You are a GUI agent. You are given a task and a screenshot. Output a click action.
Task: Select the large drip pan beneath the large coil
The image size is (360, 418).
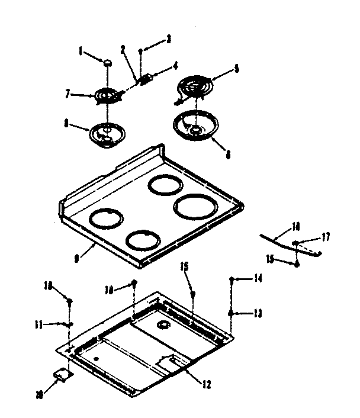pos(195,126)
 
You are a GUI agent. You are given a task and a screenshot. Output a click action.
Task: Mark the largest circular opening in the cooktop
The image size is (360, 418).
pos(195,207)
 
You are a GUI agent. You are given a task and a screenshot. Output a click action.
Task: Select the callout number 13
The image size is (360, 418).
pos(258,312)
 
